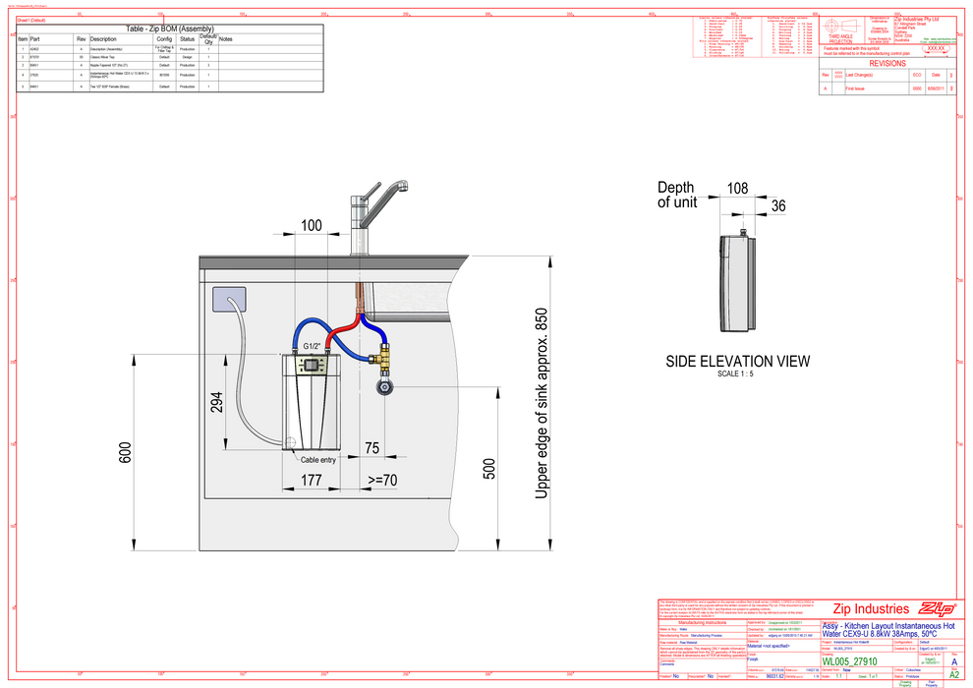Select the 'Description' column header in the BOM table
tap(103, 39)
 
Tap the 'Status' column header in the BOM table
tap(187, 39)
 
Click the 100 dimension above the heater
tap(311, 227)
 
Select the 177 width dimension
tap(312, 480)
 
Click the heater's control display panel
tap(312, 365)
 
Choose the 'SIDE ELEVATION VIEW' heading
tap(738, 361)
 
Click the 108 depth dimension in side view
tap(737, 188)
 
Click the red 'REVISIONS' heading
tap(887, 62)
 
